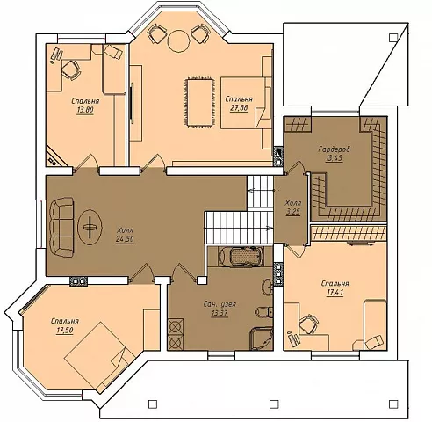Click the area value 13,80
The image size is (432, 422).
pyautogui.click(x=85, y=110)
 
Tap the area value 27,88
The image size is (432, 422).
pyautogui.click(x=239, y=108)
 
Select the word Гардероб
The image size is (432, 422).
pyautogui.click(x=334, y=149)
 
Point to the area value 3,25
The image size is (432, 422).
pyautogui.click(x=293, y=212)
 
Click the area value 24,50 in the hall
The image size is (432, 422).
pyautogui.click(x=125, y=239)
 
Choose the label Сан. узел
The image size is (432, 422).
pyautogui.click(x=220, y=304)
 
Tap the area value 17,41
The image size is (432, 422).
pyautogui.click(x=335, y=293)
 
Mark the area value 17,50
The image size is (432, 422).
pyautogui.click(x=65, y=331)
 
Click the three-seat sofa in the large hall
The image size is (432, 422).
pyautogui.click(x=61, y=227)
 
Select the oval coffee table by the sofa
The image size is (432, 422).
pyautogui.click(x=90, y=227)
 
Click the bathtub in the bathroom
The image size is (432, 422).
pyautogui.click(x=241, y=257)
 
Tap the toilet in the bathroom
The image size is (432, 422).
pyautogui.click(x=264, y=312)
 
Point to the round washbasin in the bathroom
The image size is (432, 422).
pyautogui.click(x=267, y=287)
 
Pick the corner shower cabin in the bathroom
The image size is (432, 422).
pyautogui.click(x=262, y=338)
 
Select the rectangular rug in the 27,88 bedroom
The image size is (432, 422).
pyautogui.click(x=200, y=102)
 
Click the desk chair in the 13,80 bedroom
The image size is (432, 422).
pyautogui.click(x=71, y=69)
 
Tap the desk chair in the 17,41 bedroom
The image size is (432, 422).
pyautogui.click(x=308, y=324)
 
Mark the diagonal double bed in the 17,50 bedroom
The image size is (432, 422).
pyautogui.click(x=99, y=357)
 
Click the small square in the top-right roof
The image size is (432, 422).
pyautogui.click(x=393, y=37)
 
